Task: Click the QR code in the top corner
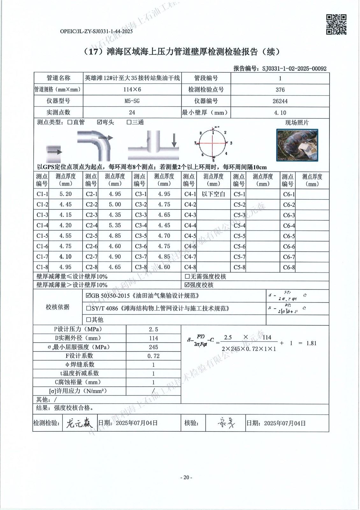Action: (336, 25)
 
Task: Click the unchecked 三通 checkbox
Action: (129, 122)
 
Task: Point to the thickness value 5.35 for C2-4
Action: (115, 225)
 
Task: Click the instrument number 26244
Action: (280, 101)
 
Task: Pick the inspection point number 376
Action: (280, 90)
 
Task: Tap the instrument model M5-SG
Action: (132, 101)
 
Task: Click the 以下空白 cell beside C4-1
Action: (213, 194)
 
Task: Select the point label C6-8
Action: (289, 267)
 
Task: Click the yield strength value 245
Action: (154, 347)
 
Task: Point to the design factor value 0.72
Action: (154, 356)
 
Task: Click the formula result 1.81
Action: (311, 343)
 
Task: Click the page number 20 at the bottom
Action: (186, 477)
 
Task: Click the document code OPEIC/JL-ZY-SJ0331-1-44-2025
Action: (96, 31)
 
